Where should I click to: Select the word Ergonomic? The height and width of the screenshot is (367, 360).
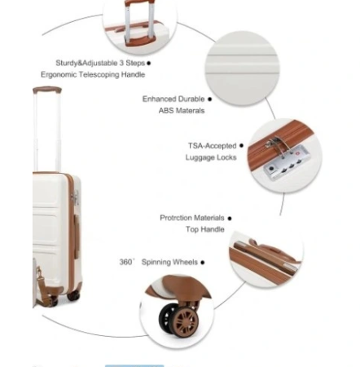(x=59, y=75)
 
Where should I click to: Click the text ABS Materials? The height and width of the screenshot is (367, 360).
(x=182, y=111)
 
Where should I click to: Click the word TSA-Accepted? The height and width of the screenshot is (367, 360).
(x=213, y=146)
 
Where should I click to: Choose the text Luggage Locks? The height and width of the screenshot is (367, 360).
(x=211, y=157)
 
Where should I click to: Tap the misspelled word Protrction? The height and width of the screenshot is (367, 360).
(x=175, y=218)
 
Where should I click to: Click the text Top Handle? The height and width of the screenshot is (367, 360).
(x=205, y=229)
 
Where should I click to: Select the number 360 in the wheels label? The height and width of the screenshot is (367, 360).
(x=125, y=262)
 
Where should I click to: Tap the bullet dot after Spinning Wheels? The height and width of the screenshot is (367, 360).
(x=203, y=263)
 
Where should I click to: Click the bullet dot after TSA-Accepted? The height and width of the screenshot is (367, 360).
(x=241, y=146)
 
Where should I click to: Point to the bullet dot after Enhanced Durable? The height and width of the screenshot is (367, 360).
(x=209, y=99)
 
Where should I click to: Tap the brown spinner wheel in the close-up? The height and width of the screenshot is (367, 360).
(x=186, y=321)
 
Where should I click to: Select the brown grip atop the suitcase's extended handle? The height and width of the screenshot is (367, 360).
(x=47, y=90)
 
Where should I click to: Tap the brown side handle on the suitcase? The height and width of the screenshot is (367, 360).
(x=77, y=236)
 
